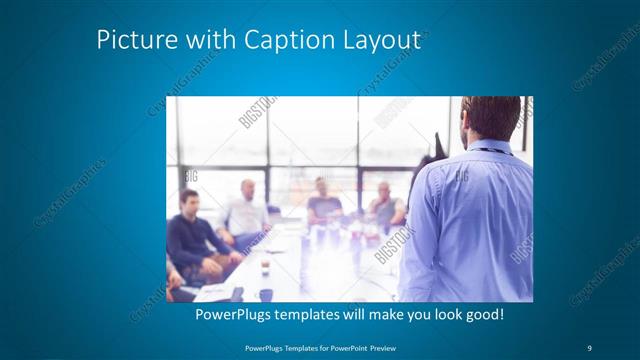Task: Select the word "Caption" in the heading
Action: click(x=273, y=41)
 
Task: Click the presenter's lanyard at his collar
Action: click(x=487, y=150)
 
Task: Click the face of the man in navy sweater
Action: click(x=188, y=203)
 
